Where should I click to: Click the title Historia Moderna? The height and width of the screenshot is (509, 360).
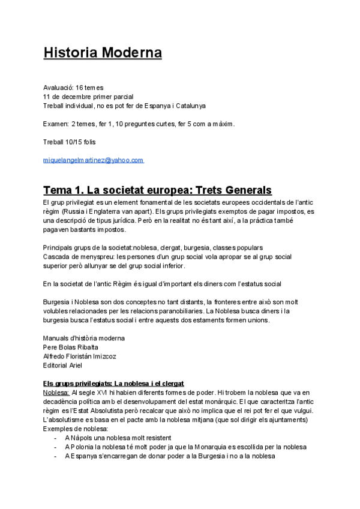tap(103, 53)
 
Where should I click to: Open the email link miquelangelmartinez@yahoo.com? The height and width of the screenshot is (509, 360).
tap(94, 160)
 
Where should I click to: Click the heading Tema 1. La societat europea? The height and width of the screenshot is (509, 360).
tap(157, 190)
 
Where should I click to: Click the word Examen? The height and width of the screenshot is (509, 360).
tap(55, 124)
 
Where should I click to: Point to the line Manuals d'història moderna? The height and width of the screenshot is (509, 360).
tap(84, 338)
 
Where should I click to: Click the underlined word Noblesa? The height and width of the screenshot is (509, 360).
tap(56, 392)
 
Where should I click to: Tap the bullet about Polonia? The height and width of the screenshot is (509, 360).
tap(185, 447)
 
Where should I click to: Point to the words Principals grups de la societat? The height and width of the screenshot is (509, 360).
tap(87, 247)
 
